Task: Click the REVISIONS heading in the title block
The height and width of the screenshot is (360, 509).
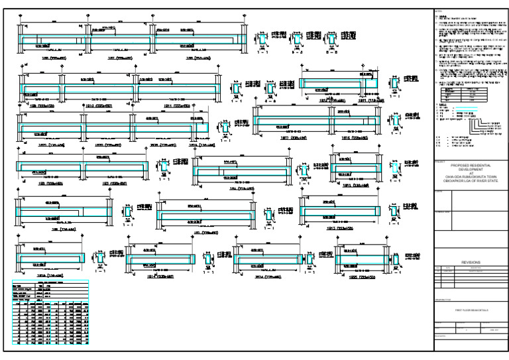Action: click(x=469, y=262)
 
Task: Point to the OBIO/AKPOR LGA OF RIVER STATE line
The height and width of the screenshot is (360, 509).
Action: click(x=469, y=180)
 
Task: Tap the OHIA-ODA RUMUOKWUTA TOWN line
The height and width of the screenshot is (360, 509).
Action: click(x=469, y=176)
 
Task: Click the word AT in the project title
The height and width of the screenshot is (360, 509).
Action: click(x=469, y=172)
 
